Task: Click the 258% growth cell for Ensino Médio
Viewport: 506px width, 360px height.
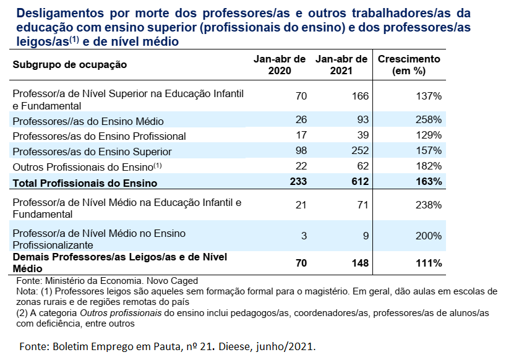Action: tap(429, 119)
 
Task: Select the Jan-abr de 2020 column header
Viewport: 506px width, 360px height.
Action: tap(280, 65)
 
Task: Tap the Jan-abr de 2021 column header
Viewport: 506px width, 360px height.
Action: tap(341, 65)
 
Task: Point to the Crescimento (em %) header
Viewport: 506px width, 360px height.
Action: tap(409, 65)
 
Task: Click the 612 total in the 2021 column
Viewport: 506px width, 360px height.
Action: tap(359, 182)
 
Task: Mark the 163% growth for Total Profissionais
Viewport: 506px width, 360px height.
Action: tap(429, 182)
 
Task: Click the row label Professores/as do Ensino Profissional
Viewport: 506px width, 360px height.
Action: tap(99, 136)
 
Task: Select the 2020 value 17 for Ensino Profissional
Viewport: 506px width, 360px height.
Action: tap(301, 135)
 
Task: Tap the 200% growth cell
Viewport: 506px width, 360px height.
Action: tap(429, 236)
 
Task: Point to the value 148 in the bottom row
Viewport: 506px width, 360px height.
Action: tap(359, 263)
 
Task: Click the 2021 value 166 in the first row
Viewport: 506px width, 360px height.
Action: tap(359, 96)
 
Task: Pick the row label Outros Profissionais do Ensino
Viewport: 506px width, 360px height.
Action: tap(83, 167)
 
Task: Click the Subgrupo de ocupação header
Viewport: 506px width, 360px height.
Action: tap(70, 64)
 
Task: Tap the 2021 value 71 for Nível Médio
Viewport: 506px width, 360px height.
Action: tap(362, 205)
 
